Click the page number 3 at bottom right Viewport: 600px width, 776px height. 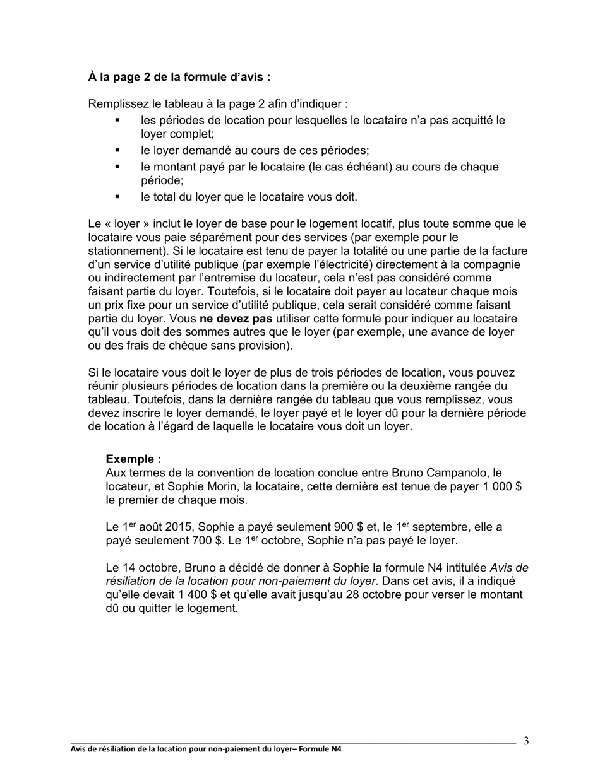click(x=526, y=741)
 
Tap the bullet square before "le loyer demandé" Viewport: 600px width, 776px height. click(x=117, y=151)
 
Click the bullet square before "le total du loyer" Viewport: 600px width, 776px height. click(x=117, y=197)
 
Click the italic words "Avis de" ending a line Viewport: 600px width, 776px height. click(x=509, y=567)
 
